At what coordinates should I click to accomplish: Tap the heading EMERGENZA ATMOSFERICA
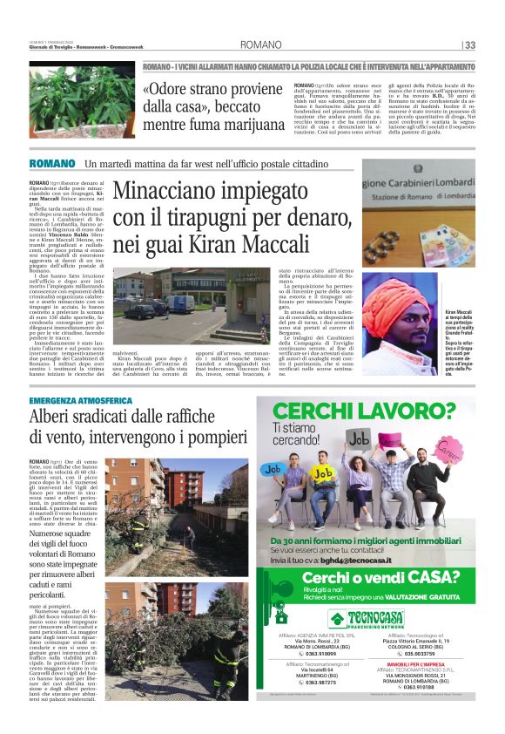(80, 400)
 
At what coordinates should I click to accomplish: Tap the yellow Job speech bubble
(324, 471)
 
